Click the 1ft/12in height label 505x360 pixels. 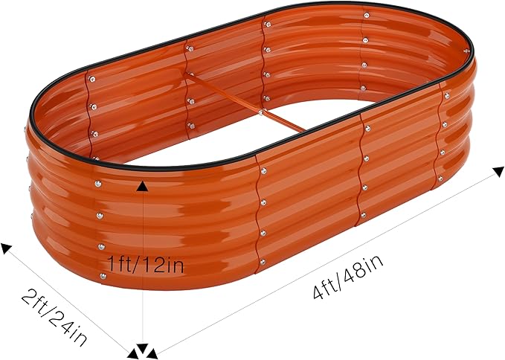click(x=145, y=263)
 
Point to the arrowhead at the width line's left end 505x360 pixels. click(x=7, y=248)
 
